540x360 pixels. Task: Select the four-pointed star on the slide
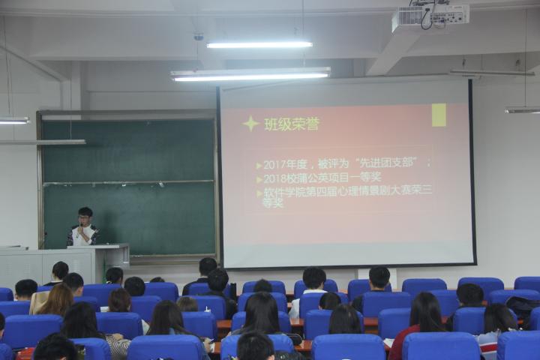pos(250,123)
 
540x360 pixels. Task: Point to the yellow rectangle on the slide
pos(439,115)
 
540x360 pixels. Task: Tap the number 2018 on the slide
pos(277,178)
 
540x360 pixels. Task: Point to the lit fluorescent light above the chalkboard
pos(250,75)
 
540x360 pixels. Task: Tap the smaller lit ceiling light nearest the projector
pos(259,44)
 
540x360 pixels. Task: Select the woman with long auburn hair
pos(55,299)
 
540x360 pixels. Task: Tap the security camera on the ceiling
pos(199,36)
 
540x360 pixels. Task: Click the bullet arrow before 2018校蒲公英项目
pos(259,179)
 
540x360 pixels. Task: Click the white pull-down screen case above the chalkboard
pos(127,115)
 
